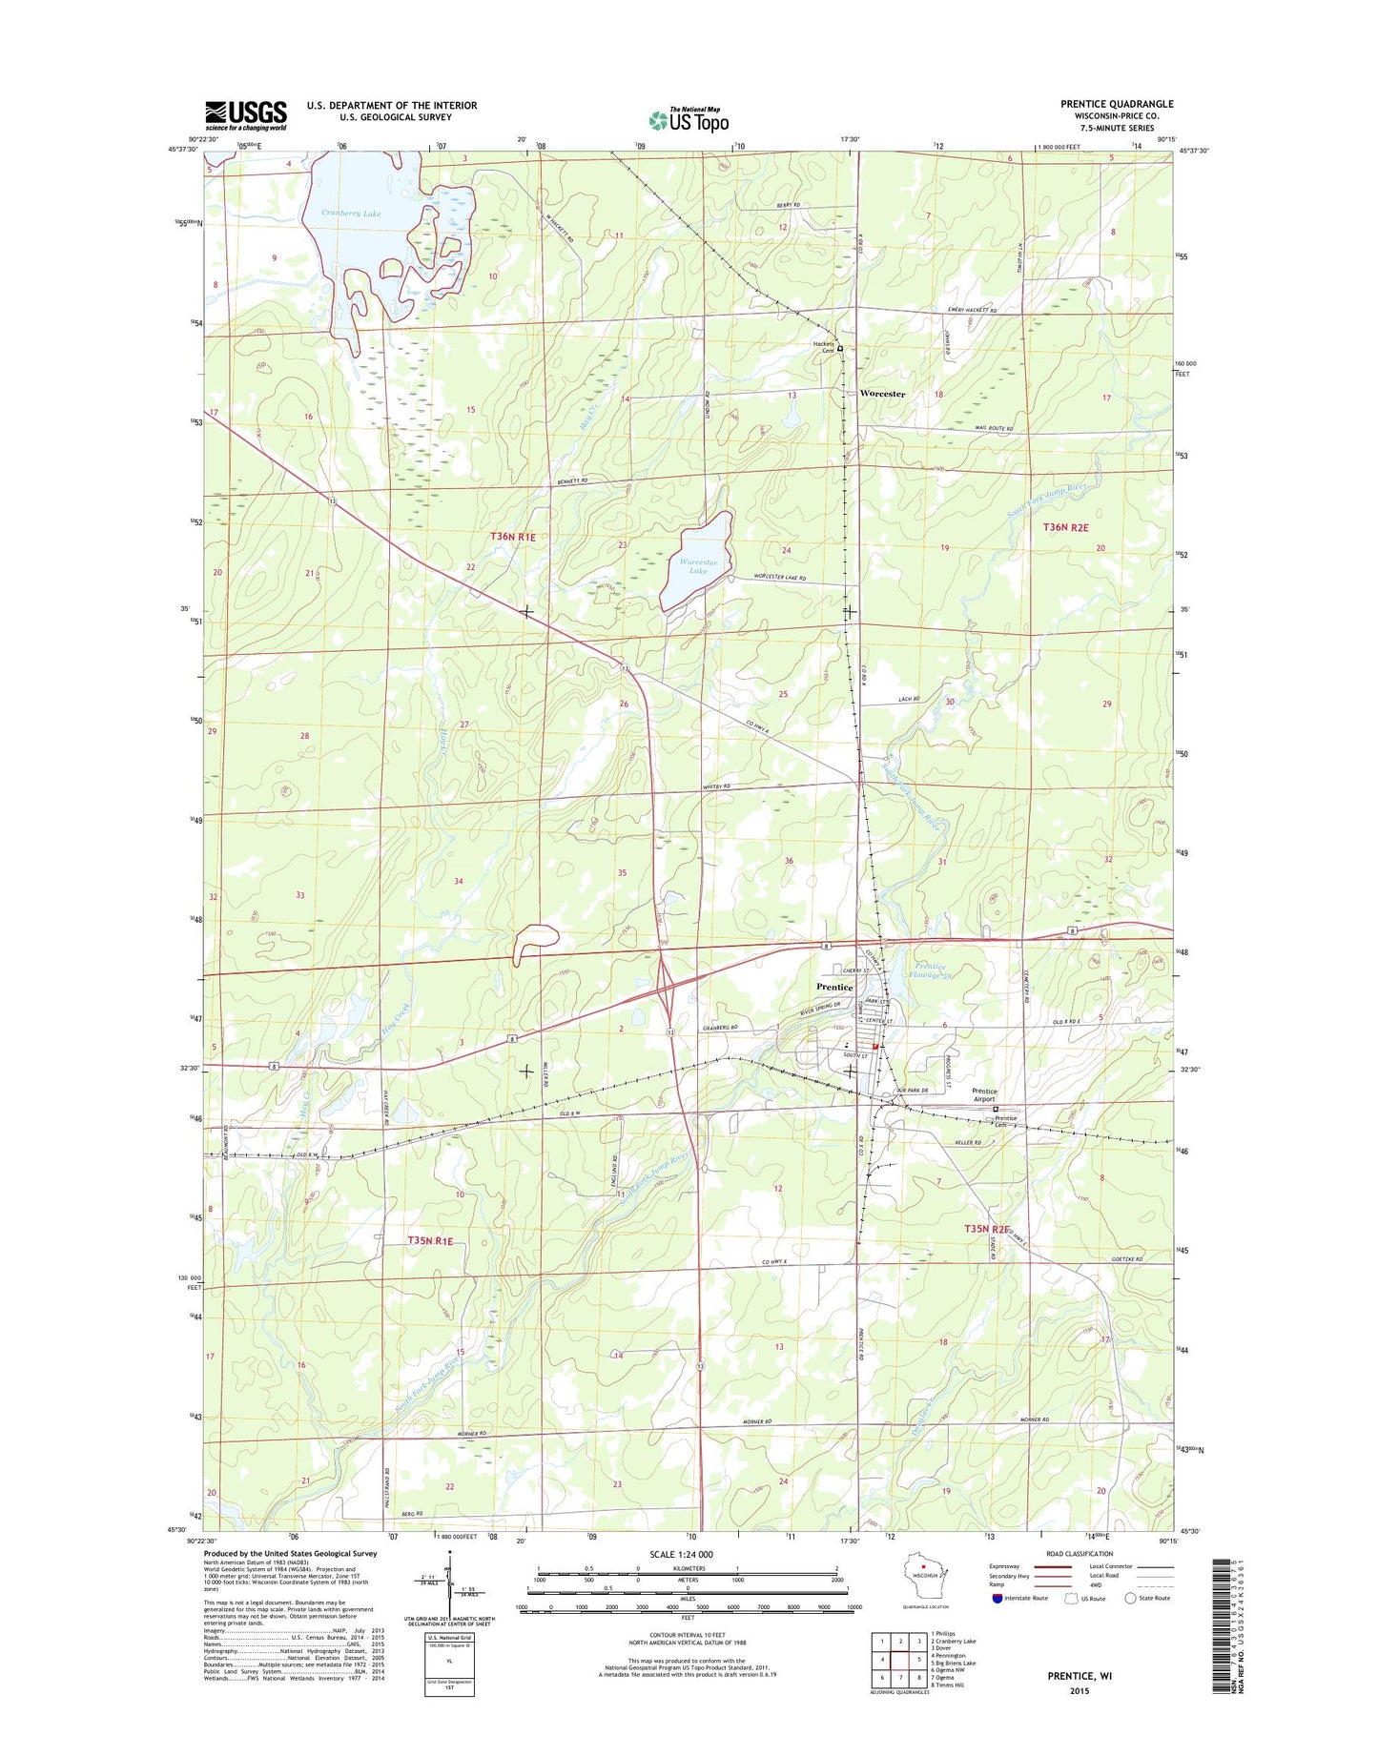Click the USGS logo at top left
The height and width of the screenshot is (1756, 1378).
click(x=245, y=115)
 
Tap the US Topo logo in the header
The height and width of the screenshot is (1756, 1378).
click(x=689, y=120)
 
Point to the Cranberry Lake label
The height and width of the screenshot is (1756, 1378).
click(x=351, y=214)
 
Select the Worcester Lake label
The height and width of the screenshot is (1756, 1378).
click(x=698, y=566)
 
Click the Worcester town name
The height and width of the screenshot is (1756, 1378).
click(x=882, y=394)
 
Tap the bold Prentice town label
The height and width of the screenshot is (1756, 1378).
click(x=834, y=987)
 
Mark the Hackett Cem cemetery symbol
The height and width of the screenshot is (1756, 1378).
click(x=840, y=349)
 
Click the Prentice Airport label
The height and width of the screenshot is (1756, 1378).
click(x=984, y=1095)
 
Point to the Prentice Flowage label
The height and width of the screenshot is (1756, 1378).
click(x=931, y=970)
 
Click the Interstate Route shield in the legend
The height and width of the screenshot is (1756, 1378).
click(x=998, y=1598)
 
